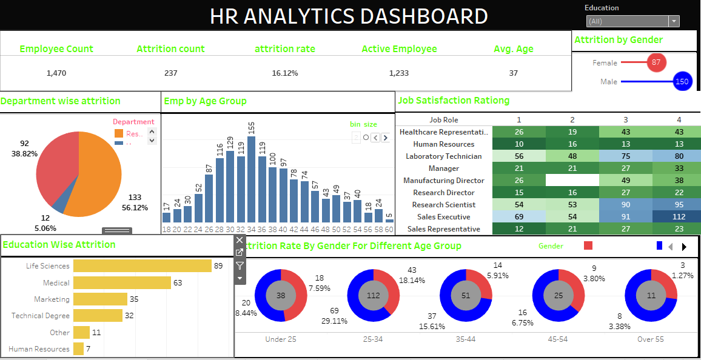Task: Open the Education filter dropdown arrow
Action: [x=674, y=21]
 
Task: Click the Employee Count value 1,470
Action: [x=56, y=73]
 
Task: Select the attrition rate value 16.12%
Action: [x=285, y=73]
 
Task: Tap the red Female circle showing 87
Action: [x=656, y=62]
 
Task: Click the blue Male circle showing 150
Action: [x=682, y=81]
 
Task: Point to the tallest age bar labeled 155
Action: [x=251, y=179]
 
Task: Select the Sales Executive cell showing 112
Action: [x=679, y=217]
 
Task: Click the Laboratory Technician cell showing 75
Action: [x=625, y=156]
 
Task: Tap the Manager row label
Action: [x=444, y=168]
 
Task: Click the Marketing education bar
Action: [x=100, y=299]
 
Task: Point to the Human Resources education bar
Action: [x=78, y=348]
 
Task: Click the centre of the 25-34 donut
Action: [x=373, y=296]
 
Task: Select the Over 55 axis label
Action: [x=649, y=339]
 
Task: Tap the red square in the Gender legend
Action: [x=588, y=245]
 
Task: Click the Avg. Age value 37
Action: [x=514, y=73]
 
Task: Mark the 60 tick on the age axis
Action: [x=389, y=230]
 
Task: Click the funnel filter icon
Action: [x=240, y=265]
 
